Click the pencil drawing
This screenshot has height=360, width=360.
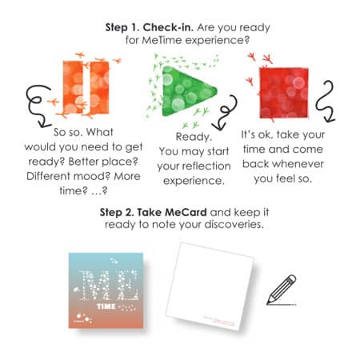[281, 289]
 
